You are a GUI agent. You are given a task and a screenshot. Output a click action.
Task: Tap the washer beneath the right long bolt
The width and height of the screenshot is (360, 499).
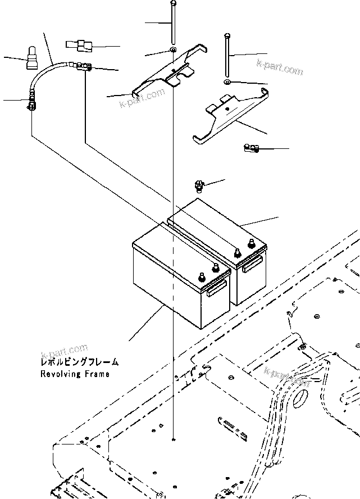click(x=226, y=83)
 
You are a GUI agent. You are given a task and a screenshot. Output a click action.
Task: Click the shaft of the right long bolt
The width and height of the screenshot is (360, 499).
click(x=226, y=56)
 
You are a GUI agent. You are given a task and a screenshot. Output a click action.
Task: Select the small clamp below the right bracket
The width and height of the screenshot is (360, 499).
click(x=250, y=148)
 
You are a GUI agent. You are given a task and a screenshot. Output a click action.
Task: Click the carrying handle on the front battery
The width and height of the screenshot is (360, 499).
click(x=216, y=289)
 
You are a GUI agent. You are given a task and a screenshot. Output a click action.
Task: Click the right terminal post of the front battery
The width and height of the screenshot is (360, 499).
click(x=214, y=269)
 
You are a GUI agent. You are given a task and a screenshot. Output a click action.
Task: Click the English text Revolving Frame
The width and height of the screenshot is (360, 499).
click(x=75, y=374)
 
